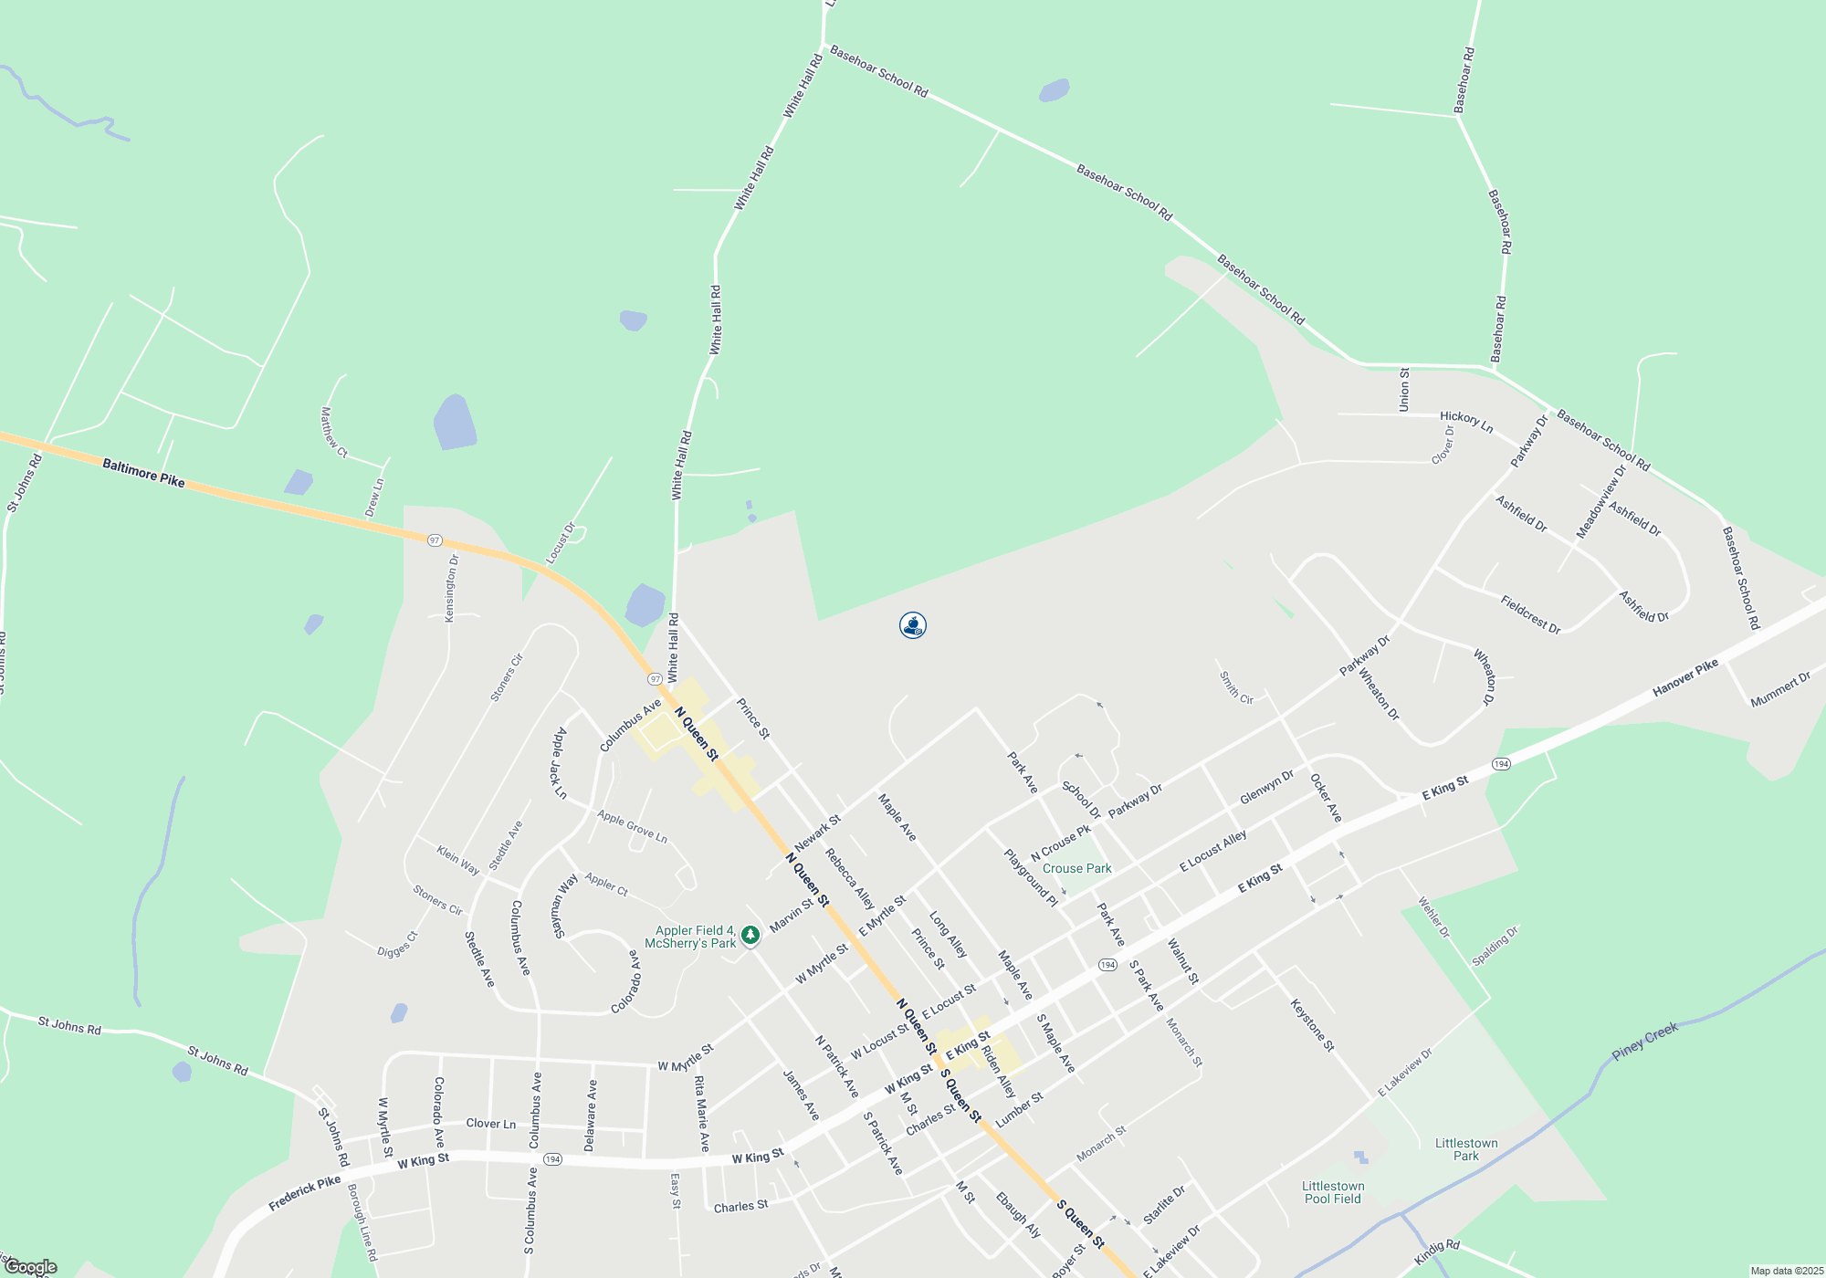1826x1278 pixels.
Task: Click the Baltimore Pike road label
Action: tap(143, 473)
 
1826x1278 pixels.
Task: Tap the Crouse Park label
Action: tap(1076, 868)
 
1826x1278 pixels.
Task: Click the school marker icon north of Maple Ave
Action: tap(913, 625)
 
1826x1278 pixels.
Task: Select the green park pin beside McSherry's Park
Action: tap(750, 935)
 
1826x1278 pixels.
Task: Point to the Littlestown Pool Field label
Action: tap(1333, 1192)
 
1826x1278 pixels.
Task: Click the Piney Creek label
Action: tap(1644, 1042)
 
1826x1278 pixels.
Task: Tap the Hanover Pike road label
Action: tap(1685, 678)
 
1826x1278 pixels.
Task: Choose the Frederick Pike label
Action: tap(304, 1193)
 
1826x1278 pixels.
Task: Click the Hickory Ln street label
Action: tap(1466, 421)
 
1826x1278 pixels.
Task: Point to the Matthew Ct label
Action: tap(333, 432)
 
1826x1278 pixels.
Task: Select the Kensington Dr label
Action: tap(451, 589)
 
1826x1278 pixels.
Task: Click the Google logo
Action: tap(30, 1267)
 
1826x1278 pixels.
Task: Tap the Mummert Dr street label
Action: tap(1780, 689)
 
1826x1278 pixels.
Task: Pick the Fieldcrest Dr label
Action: tap(1530, 614)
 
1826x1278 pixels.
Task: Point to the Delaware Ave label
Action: tap(591, 1116)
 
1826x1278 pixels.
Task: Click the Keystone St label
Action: tap(1312, 1025)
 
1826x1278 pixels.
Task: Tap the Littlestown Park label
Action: tap(1465, 1149)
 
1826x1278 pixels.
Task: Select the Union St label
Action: tap(1404, 390)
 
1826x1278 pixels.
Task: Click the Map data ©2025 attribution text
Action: tap(1786, 1271)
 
